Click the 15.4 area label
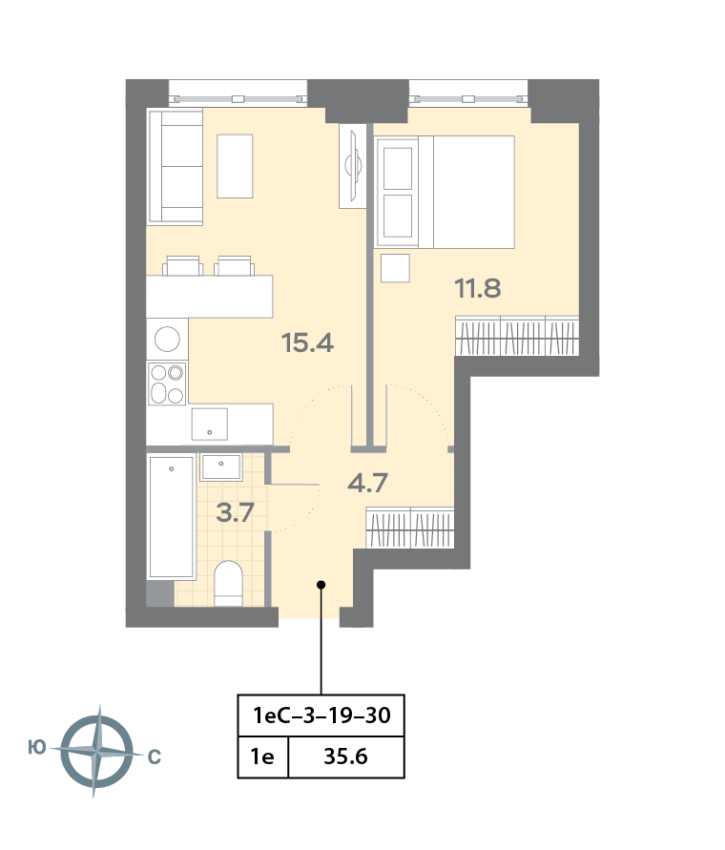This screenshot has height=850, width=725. [307, 342]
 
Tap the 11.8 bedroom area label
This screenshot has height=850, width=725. [478, 288]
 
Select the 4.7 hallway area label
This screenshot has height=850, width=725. [367, 483]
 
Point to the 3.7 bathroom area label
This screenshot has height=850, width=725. [235, 512]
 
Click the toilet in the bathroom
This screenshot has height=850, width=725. [228, 583]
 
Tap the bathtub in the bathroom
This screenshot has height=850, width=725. [172, 517]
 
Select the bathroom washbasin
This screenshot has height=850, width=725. [220, 467]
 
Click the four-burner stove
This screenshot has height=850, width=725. [167, 384]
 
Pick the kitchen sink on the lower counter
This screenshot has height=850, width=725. [209, 425]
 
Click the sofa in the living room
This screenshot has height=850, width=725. [176, 166]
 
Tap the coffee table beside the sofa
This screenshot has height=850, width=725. [235, 166]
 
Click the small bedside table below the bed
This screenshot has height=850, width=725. [395, 268]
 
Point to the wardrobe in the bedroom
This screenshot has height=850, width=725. [517, 336]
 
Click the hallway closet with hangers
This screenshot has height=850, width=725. [410, 528]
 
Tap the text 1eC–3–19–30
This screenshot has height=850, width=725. [321, 715]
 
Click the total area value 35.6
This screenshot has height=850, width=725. [346, 757]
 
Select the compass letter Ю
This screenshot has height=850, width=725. [37, 748]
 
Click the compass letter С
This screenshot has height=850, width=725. [155, 757]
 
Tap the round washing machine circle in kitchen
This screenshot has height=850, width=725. [167, 340]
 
